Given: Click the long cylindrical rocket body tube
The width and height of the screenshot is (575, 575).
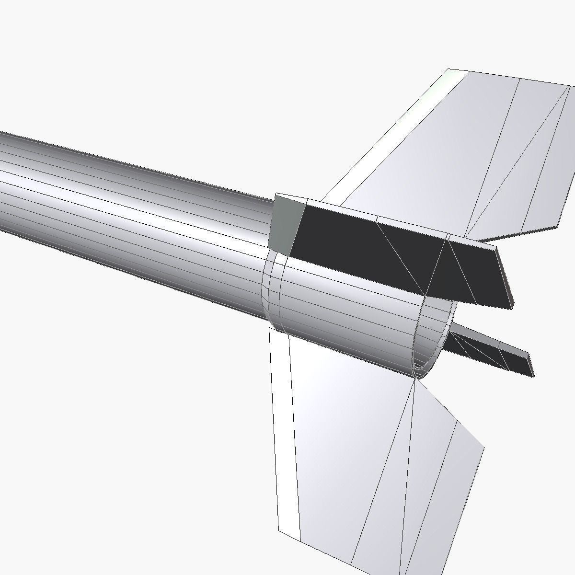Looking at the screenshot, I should coord(134,201).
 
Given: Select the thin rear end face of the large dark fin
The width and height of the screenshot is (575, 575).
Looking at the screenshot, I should coord(504,278).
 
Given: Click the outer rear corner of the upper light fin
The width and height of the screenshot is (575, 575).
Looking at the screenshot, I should coord(558,226).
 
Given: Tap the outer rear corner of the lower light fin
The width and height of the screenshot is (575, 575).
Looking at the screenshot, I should coord(484,448).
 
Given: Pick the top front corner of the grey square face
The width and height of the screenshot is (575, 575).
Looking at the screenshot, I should coord(276,195).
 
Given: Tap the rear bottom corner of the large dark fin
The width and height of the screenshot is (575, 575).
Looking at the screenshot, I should coord(511,308).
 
